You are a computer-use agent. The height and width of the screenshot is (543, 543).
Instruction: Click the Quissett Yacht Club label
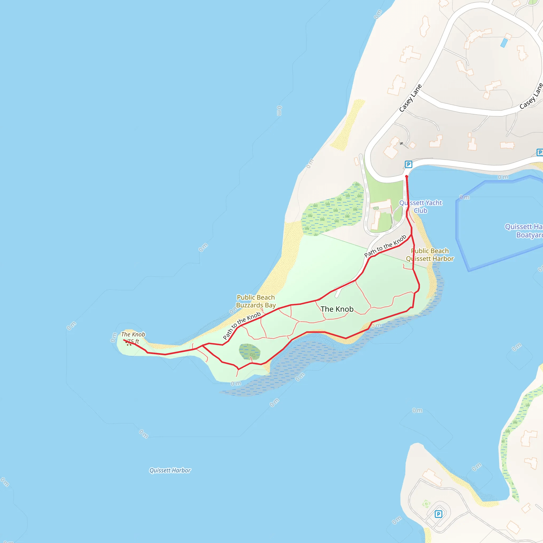pos(421,207)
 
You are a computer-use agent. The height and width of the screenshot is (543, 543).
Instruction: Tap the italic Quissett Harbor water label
pos(170,470)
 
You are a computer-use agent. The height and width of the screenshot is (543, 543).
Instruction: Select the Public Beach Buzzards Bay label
pos(256,301)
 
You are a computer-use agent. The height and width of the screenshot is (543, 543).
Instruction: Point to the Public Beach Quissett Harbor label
pos(430,255)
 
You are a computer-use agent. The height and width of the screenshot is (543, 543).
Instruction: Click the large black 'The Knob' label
pos(337,309)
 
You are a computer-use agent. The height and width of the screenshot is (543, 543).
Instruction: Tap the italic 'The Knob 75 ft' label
pos(133,338)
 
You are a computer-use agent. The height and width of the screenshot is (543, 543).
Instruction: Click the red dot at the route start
pos(406,177)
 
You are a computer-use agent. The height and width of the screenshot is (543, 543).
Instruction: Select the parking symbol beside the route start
pos(408,164)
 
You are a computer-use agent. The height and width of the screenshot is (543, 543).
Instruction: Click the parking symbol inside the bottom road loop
pos(438,514)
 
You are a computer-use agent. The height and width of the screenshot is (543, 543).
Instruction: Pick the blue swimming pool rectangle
pos(504,43)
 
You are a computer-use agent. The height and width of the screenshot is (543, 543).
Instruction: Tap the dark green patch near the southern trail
pos(249,352)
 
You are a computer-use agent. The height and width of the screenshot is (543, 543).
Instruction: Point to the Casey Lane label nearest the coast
pos(411,98)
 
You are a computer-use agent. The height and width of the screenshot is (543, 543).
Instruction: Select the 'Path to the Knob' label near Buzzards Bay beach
pos(242,326)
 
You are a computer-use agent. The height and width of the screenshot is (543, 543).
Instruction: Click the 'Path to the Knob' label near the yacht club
pos(385,246)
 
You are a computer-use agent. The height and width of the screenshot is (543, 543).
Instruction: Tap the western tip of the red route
pos(124,340)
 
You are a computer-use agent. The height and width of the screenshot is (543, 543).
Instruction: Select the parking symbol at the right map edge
pos(540,153)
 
